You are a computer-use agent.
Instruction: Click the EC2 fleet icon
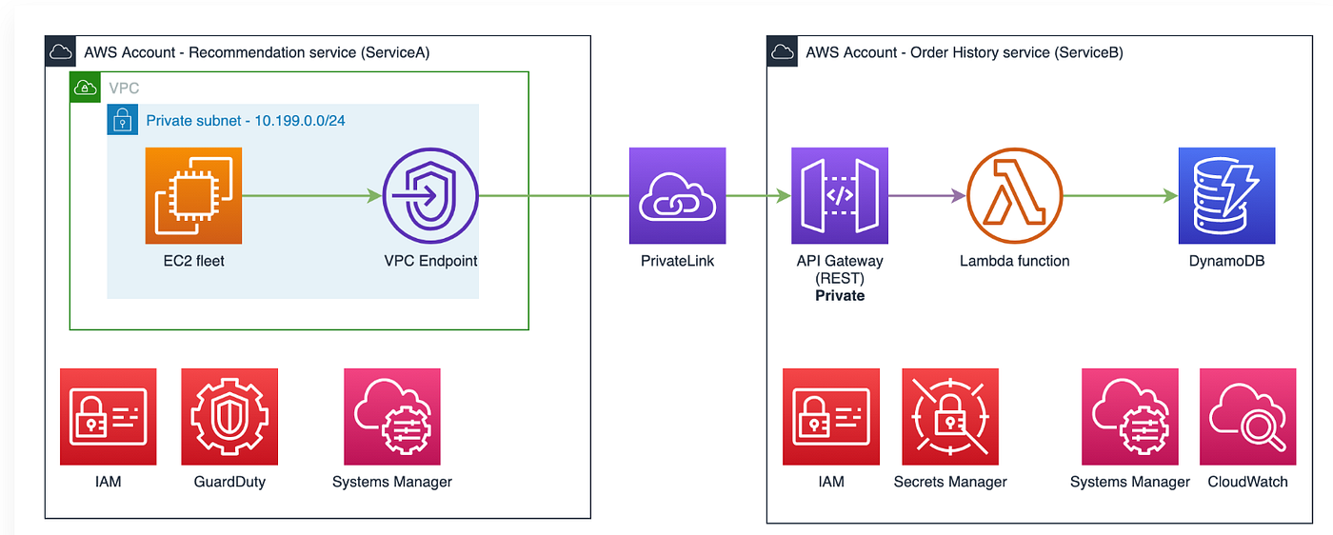point(193,195)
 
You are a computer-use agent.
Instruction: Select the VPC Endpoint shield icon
point(430,195)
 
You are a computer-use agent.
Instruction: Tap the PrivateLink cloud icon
point(677,195)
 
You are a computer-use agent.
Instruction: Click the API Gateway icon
point(840,195)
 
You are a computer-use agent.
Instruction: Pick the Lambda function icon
point(1015,195)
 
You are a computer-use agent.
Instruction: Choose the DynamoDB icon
point(1226,195)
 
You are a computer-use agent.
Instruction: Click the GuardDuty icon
point(229,417)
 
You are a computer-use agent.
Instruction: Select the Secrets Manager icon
point(950,417)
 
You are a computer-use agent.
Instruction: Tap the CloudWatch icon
point(1248,417)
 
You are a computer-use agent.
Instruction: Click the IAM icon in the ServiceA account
point(109,417)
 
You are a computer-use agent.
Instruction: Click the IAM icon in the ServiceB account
point(830,417)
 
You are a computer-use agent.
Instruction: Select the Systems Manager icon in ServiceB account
point(1130,417)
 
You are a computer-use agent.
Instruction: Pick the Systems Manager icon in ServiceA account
point(392,417)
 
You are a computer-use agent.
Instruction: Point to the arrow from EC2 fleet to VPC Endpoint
point(312,195)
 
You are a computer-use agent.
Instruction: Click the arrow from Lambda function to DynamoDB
point(1121,195)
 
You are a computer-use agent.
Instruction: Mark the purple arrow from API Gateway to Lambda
point(927,195)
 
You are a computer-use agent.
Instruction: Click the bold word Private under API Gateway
point(840,296)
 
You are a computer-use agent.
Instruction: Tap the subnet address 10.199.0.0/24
point(300,121)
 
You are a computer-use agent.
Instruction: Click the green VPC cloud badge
point(85,88)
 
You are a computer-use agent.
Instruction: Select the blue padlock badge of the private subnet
point(123,120)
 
